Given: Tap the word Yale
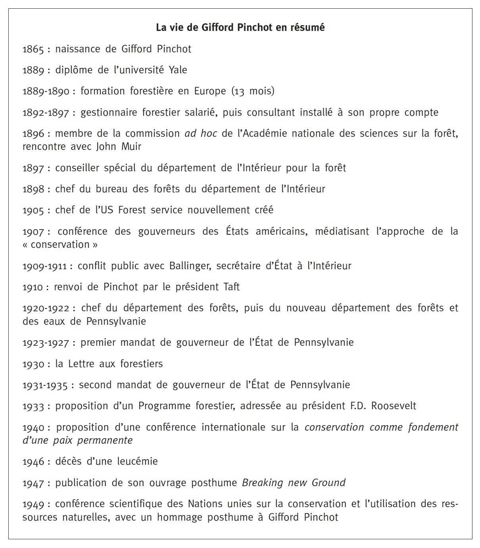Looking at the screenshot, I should (178, 70).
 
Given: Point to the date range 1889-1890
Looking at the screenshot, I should (46, 91).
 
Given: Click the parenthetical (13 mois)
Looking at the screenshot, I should (253, 91).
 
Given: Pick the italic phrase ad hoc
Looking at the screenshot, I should (201, 134).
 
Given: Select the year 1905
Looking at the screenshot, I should (33, 210).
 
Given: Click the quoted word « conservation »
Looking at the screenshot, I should (60, 245).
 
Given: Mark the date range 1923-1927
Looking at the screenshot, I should (46, 343).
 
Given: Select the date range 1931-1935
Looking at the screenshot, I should (45, 385).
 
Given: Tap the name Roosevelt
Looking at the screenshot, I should (394, 406).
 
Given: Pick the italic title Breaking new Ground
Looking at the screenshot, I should (294, 483).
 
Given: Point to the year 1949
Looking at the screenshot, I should (33, 504).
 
